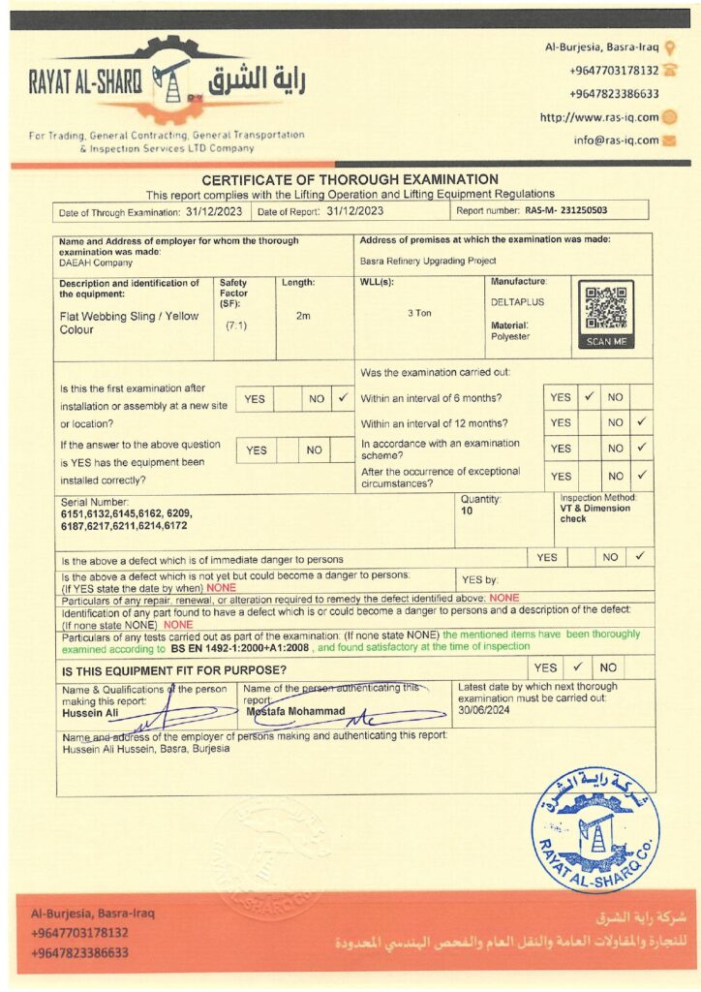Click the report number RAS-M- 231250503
[x=566, y=210]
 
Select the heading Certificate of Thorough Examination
[x=350, y=179]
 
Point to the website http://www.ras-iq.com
[x=599, y=117]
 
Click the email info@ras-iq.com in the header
[x=615, y=139]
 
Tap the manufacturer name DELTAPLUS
[x=517, y=302]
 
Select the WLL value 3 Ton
[x=418, y=313]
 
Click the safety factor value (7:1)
[x=235, y=326]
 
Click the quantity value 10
[x=467, y=511]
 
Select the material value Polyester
[x=510, y=336]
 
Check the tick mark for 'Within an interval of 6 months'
[x=588, y=397]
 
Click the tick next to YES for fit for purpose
[x=577, y=666]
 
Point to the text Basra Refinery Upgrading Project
[x=428, y=261]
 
